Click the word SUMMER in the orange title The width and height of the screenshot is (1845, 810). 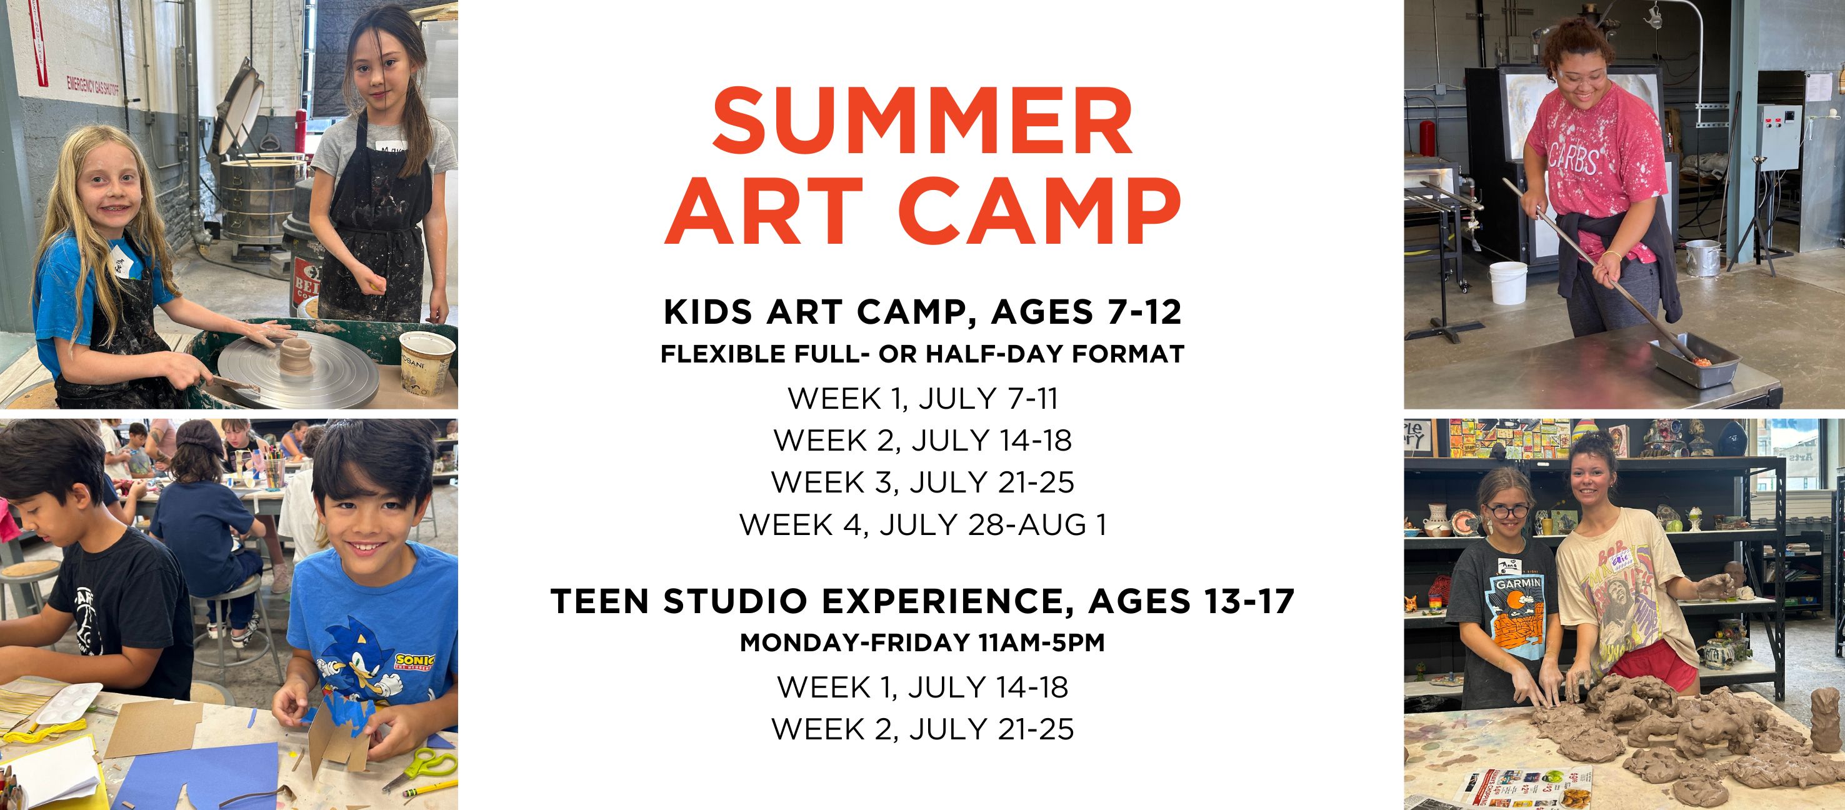[x=922, y=121]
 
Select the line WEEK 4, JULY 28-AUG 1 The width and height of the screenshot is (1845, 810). [x=922, y=525]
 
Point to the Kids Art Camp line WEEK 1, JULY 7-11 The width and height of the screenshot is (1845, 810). [x=922, y=399]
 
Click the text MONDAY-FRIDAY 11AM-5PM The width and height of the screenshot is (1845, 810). [x=922, y=642]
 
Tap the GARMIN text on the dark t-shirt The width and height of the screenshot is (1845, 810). [x=1517, y=584]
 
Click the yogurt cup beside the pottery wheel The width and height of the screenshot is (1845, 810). [x=426, y=362]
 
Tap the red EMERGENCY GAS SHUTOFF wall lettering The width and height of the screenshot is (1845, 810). [x=96, y=89]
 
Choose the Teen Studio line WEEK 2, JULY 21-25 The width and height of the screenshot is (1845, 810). [x=922, y=730]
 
